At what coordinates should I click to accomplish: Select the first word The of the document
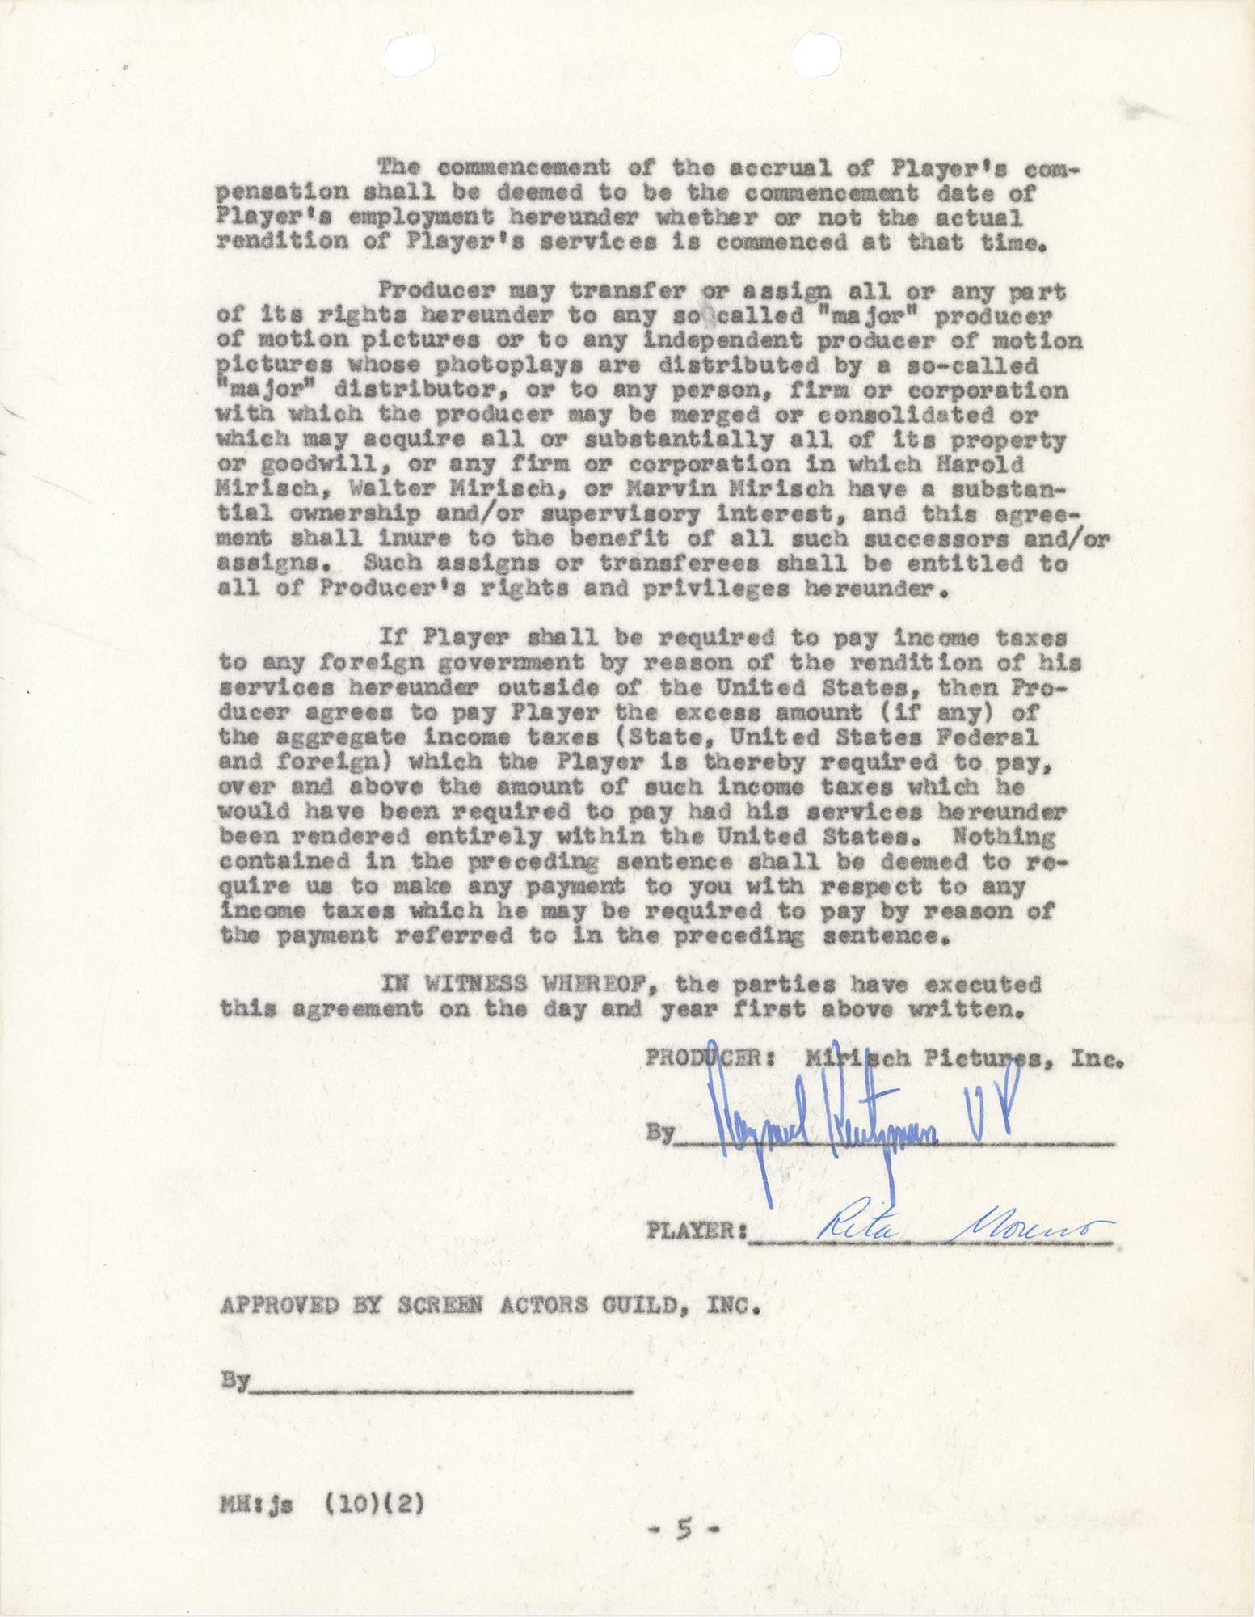point(398,168)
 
